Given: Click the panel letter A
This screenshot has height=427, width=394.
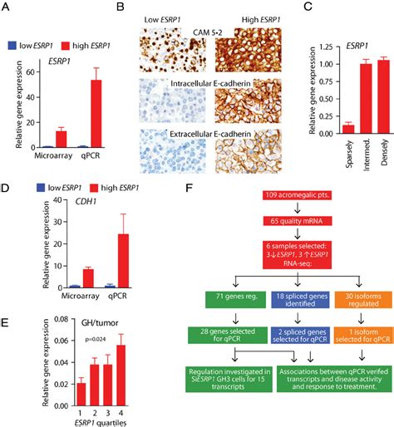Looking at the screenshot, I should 7,8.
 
